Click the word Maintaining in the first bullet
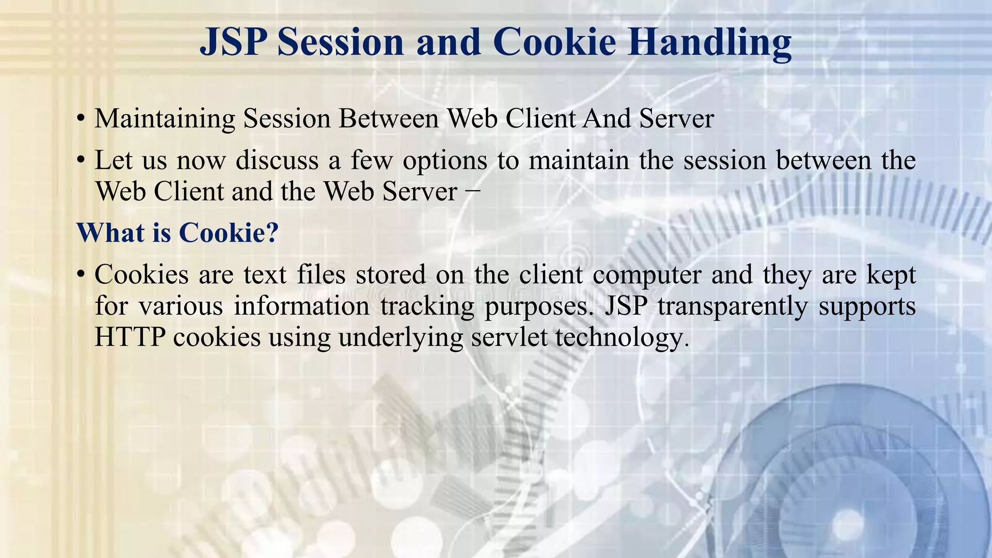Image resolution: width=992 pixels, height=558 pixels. click(x=165, y=119)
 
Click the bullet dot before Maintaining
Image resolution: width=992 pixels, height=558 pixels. click(x=81, y=119)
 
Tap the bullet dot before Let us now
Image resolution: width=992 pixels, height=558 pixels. click(x=81, y=160)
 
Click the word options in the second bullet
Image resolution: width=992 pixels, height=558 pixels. click(x=445, y=160)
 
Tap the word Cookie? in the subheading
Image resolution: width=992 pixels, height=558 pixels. click(x=229, y=233)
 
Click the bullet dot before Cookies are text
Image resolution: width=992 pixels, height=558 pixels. click(x=81, y=275)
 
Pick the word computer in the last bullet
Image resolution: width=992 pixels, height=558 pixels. click(x=647, y=275)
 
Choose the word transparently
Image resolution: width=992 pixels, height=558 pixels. click(x=732, y=307)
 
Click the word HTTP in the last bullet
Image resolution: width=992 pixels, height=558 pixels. click(x=130, y=337)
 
